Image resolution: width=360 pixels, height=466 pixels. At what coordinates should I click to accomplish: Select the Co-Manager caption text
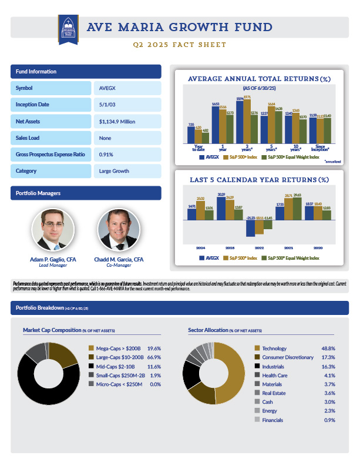click(118, 266)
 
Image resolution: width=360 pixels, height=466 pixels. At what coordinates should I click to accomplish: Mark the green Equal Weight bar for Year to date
click(206, 139)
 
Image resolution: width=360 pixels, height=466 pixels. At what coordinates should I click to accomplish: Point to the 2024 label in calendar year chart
click(200, 247)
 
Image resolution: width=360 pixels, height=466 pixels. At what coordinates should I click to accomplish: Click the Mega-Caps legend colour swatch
click(90, 348)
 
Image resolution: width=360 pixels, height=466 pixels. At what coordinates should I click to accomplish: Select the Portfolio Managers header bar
click(86, 193)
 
